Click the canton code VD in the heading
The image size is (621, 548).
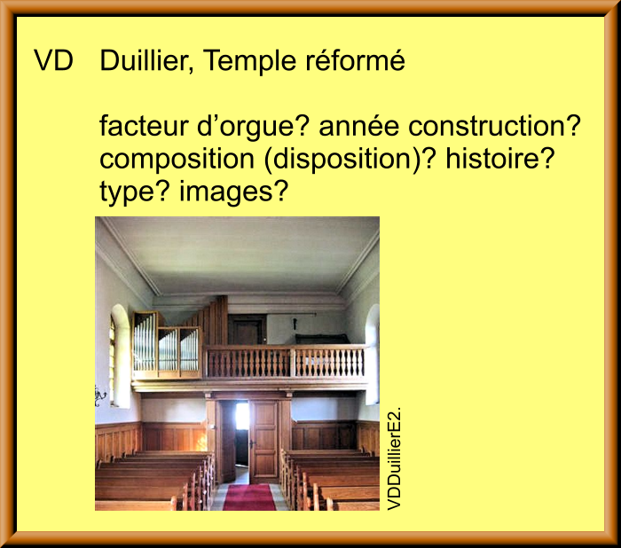click(54, 60)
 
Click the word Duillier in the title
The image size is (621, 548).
click(147, 60)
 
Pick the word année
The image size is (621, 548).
click(358, 126)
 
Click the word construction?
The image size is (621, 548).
click(494, 126)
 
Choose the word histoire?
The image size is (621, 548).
click(499, 159)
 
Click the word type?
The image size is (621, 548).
click(135, 193)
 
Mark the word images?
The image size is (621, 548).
click(232, 193)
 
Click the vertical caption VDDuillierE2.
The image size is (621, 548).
click(394, 458)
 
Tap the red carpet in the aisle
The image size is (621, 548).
click(249, 497)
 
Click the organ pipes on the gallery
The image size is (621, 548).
click(166, 344)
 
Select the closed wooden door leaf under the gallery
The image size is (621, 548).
click(263, 441)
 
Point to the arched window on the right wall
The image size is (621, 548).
click(373, 352)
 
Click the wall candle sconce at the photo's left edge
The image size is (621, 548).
click(100, 395)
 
